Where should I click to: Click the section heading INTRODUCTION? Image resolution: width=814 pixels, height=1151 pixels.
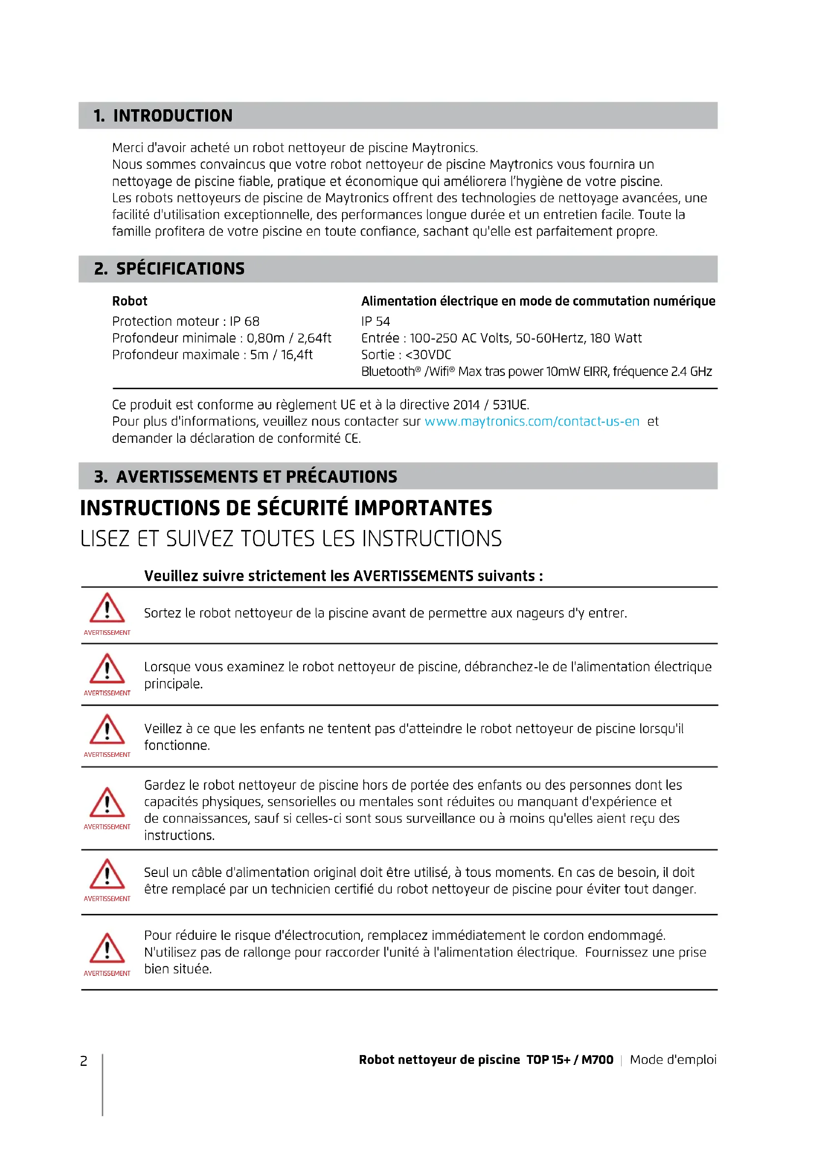[x=172, y=116]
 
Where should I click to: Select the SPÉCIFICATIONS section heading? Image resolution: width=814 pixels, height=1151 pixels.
[x=180, y=269]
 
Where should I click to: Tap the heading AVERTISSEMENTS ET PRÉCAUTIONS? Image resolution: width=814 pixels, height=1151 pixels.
[x=256, y=476]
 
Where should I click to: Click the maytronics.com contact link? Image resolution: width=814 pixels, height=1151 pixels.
[x=532, y=422]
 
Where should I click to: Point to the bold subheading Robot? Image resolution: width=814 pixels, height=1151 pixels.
[x=130, y=301]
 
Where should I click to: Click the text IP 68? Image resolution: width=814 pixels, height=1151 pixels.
[x=245, y=321]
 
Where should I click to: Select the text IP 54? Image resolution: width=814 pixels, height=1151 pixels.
[x=376, y=321]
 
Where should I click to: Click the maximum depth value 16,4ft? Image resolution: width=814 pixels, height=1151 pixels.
[x=297, y=355]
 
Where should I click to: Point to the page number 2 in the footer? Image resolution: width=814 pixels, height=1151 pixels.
[x=84, y=1061]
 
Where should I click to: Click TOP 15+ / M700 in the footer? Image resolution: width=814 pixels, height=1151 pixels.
[x=569, y=1060]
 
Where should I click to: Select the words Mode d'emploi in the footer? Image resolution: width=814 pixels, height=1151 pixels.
[x=673, y=1060]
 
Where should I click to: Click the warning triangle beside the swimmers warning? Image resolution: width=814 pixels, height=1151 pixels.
[x=107, y=609]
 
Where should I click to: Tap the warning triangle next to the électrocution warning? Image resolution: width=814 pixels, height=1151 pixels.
[x=107, y=948]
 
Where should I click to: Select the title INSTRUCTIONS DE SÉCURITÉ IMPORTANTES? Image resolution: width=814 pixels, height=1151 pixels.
[x=286, y=508]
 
